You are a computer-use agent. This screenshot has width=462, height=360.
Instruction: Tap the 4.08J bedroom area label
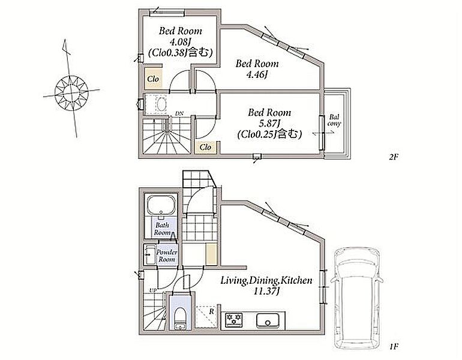coord(181,41)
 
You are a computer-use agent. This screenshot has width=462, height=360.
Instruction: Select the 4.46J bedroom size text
coord(257,74)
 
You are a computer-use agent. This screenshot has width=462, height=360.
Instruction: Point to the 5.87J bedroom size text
coord(269,124)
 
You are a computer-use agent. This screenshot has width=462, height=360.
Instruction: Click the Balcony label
coord(334,121)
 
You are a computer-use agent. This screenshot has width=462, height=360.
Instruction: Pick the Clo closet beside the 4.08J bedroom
coord(153,79)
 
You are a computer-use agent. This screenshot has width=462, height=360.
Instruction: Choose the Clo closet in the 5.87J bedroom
coord(205,147)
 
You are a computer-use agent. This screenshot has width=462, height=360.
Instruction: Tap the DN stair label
coord(179,113)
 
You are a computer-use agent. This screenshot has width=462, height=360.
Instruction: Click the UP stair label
coord(152,290)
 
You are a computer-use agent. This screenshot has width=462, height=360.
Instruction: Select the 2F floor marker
coord(394,157)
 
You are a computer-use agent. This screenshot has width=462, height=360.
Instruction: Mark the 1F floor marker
coord(394,346)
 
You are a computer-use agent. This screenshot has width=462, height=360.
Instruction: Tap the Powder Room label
coord(167,256)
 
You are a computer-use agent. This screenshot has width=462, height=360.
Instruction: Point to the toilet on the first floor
coord(180,317)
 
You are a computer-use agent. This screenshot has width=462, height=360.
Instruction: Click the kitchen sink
coord(268,320)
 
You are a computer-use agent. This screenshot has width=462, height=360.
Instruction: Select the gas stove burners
coord(234,320)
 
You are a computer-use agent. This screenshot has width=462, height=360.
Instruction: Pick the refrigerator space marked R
coord(206,316)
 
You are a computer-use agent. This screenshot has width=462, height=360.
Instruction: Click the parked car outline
coord(356,298)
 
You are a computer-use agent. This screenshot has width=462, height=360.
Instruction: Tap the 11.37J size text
coord(266,292)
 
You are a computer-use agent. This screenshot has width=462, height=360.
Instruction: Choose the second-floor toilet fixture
coord(161,104)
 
